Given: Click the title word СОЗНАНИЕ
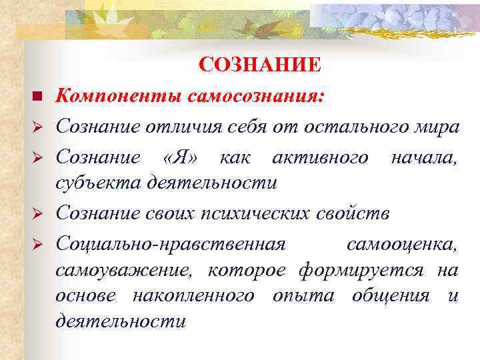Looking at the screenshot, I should pos(260,65).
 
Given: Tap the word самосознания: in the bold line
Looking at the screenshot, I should pos(256,97).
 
